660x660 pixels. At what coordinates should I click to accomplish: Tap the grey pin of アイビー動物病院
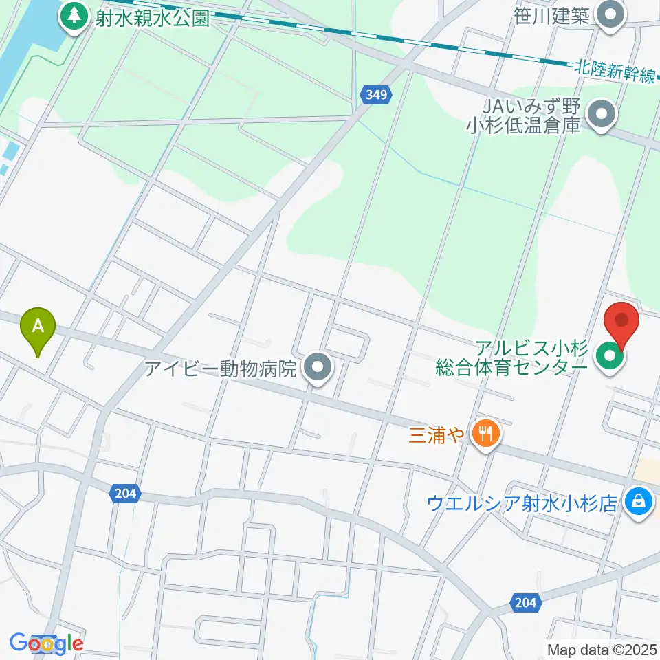pos(317,368)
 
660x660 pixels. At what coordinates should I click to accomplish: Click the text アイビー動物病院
pos(221,369)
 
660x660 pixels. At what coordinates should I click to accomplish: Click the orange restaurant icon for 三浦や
pos(487,433)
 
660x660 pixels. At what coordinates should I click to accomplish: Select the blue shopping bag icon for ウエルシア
pos(639,502)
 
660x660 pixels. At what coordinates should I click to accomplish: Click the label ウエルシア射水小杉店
pos(522,503)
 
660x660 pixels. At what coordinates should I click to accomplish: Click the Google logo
pos(47,644)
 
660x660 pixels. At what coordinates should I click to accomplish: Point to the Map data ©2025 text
pos(602,649)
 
